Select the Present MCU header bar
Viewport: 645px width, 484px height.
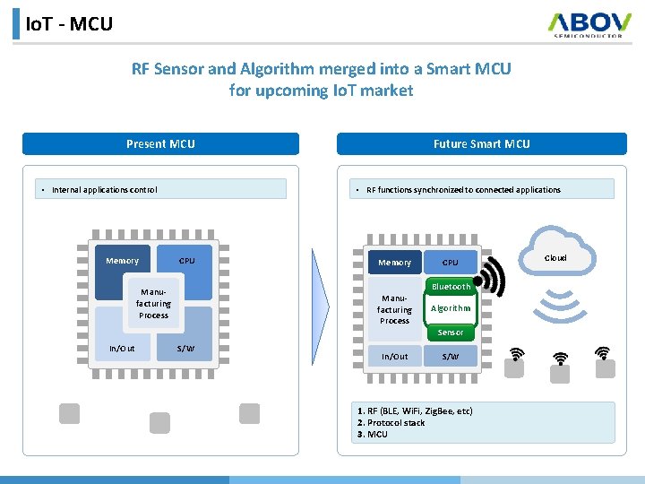pyautogui.click(x=160, y=143)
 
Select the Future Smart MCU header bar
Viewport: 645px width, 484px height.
pyautogui.click(x=481, y=143)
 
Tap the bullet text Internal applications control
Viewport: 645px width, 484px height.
pyautogui.click(x=105, y=189)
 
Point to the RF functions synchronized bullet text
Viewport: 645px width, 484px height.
pyautogui.click(x=463, y=189)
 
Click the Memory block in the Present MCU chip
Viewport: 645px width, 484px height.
pyautogui.click(x=123, y=261)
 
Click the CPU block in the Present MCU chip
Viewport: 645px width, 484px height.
pyautogui.click(x=186, y=261)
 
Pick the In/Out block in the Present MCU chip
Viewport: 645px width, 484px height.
pyautogui.click(x=122, y=349)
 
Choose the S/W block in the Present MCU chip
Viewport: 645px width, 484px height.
pyautogui.click(x=186, y=349)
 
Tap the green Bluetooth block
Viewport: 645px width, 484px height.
pyautogui.click(x=451, y=287)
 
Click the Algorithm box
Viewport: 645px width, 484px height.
pyautogui.click(x=451, y=308)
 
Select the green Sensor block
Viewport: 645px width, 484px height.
pyautogui.click(x=451, y=333)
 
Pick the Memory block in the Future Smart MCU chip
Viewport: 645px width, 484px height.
pyautogui.click(x=394, y=263)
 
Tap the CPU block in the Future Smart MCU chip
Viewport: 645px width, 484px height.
pyautogui.click(x=451, y=263)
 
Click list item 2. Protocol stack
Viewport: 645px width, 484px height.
pyautogui.click(x=391, y=423)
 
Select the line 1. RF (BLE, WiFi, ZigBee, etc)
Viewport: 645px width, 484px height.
pyautogui.click(x=415, y=411)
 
